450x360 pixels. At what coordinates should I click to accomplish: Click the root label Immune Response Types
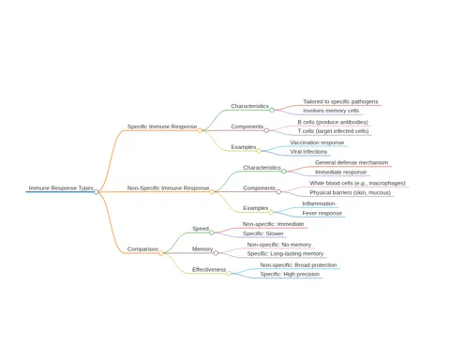click(x=61, y=187)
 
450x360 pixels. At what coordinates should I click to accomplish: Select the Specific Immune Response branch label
click(x=162, y=127)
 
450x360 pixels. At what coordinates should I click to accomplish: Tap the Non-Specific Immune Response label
click(x=168, y=187)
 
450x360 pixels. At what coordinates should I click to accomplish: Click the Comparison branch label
click(x=142, y=249)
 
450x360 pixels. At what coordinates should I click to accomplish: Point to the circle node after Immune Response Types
click(x=97, y=192)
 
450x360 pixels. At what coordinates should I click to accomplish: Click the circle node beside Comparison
click(x=161, y=253)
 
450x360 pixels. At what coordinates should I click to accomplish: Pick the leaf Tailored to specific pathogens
click(x=340, y=101)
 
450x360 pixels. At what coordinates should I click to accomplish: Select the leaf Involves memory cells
click(x=331, y=111)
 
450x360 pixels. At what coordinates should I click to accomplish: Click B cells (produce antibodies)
click(x=333, y=122)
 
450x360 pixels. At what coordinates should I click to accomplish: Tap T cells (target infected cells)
click(x=333, y=131)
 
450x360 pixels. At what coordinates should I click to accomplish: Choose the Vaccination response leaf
click(x=317, y=142)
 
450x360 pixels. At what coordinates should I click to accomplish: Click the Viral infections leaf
click(x=308, y=152)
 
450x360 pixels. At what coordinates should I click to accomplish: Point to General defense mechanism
click(x=352, y=162)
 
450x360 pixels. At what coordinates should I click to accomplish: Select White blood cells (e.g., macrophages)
click(x=357, y=183)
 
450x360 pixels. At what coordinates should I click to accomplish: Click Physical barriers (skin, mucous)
click(x=350, y=192)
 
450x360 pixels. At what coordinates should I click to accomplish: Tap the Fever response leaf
click(x=322, y=213)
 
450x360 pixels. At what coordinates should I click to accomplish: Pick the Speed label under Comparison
click(x=201, y=229)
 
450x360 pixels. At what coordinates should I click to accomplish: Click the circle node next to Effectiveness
click(x=229, y=274)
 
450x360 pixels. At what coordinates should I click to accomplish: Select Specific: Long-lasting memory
click(x=285, y=253)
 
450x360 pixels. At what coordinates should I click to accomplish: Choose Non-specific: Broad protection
click(x=298, y=265)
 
